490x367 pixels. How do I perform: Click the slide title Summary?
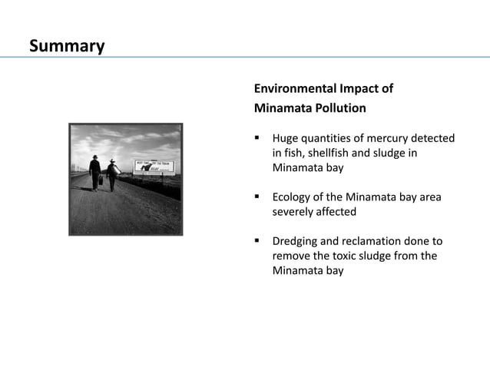coord(67,46)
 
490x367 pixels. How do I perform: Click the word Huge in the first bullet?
coord(286,138)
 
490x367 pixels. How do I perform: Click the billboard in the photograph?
coord(154,166)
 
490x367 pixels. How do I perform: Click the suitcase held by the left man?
coord(100,181)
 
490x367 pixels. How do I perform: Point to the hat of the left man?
coord(94,157)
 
